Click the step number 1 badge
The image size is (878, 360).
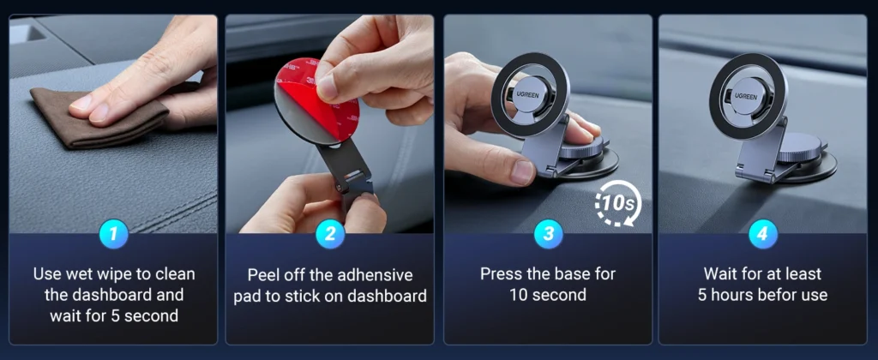pyautogui.click(x=114, y=233)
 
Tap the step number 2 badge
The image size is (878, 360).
pyautogui.click(x=330, y=233)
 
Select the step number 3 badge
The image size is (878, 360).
pyautogui.click(x=548, y=233)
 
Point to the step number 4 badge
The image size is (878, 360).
pyautogui.click(x=762, y=233)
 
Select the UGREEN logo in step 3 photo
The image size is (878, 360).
pyautogui.click(x=528, y=95)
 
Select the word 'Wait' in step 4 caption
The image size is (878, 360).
pyautogui.click(x=720, y=274)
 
